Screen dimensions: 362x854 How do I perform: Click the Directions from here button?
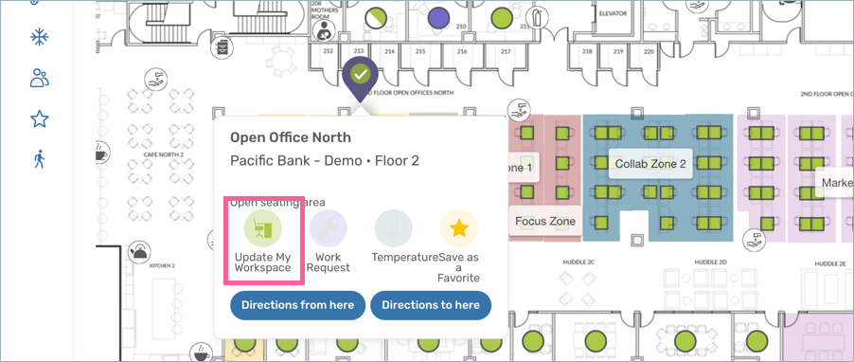(x=297, y=305)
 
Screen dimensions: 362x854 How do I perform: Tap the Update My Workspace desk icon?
(x=263, y=228)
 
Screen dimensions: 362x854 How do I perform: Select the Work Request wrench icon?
(x=328, y=228)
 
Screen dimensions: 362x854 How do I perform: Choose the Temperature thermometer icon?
(x=393, y=228)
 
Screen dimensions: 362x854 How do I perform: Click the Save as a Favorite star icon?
(x=458, y=228)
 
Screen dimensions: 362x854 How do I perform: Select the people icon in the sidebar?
(x=39, y=78)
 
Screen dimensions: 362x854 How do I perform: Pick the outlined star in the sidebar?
(x=39, y=118)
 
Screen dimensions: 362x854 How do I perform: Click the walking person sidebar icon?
(x=39, y=159)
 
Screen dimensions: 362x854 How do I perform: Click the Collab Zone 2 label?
(x=650, y=164)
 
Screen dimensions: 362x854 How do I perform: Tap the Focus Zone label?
(x=545, y=222)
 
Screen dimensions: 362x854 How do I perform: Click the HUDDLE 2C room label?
(x=577, y=262)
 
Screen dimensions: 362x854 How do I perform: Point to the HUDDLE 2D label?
(x=710, y=262)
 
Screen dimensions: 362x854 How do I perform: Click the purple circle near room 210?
(x=437, y=17)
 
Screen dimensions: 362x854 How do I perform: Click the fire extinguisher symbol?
(x=222, y=47)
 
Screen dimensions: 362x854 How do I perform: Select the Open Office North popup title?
(x=291, y=138)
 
